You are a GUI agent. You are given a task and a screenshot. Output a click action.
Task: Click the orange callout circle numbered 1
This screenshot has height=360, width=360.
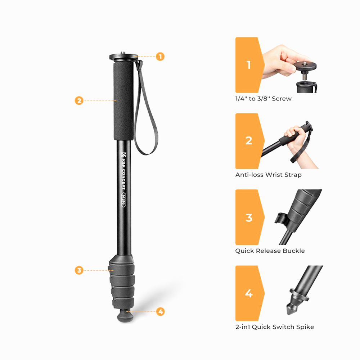(x=160, y=57)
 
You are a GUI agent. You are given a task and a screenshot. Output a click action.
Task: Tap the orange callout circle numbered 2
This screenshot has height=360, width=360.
(x=79, y=100)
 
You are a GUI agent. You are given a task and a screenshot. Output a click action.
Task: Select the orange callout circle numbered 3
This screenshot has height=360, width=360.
(x=79, y=270)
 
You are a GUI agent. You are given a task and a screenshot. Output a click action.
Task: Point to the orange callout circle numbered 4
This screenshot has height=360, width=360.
(x=161, y=311)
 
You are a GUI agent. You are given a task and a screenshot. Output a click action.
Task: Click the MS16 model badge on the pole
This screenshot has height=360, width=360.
(x=124, y=200)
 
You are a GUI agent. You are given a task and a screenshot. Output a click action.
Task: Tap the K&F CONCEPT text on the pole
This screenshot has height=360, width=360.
(x=123, y=171)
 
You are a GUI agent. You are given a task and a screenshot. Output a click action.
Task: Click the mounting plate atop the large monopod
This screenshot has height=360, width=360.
(x=123, y=57)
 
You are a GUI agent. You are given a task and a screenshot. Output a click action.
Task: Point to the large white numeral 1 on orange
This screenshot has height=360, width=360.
(x=249, y=65)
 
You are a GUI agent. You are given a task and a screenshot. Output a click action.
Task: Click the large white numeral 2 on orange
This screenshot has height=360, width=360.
(x=249, y=141)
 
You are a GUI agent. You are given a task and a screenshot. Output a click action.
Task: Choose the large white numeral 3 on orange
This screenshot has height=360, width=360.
(x=249, y=218)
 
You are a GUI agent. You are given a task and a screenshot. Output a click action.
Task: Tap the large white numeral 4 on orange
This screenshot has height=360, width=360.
(x=249, y=293)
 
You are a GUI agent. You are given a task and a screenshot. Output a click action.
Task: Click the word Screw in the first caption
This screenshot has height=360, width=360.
(x=282, y=99)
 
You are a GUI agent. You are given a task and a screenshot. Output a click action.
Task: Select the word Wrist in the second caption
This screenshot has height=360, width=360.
(x=274, y=175)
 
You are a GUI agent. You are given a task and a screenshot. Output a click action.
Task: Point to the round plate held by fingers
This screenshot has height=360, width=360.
(x=305, y=66)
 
